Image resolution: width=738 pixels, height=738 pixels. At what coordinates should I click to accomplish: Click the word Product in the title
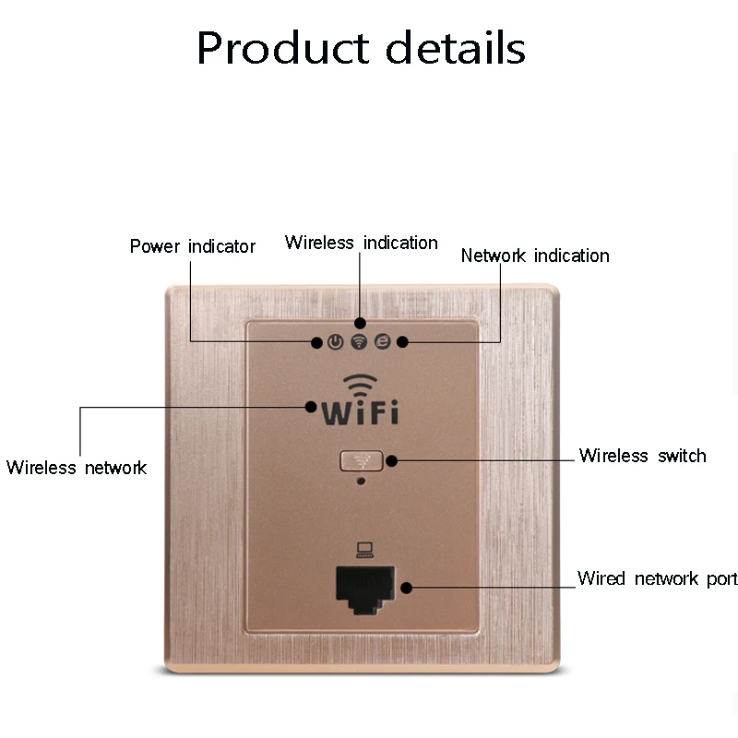(280, 48)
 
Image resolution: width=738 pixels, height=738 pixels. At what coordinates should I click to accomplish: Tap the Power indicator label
(192, 246)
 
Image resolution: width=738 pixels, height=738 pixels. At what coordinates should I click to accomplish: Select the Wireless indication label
(361, 243)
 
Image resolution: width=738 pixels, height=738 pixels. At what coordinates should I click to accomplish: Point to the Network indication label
(535, 256)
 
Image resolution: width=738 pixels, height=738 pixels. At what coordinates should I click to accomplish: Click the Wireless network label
(77, 468)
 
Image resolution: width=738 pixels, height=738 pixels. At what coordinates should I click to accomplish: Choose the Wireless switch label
(642, 456)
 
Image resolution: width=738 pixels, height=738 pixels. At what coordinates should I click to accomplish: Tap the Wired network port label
(657, 578)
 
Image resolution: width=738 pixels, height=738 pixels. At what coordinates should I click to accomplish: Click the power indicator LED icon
(336, 342)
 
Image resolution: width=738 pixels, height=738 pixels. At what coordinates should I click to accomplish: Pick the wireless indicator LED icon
(359, 342)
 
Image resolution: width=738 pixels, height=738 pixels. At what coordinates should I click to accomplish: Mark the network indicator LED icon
(381, 342)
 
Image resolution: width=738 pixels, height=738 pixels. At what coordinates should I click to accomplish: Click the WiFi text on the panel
(360, 411)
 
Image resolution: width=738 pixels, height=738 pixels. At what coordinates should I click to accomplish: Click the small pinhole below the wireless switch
(361, 480)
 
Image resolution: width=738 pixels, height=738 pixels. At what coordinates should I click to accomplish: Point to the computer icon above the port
(363, 551)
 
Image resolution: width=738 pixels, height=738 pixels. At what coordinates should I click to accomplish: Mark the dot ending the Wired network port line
(405, 586)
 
